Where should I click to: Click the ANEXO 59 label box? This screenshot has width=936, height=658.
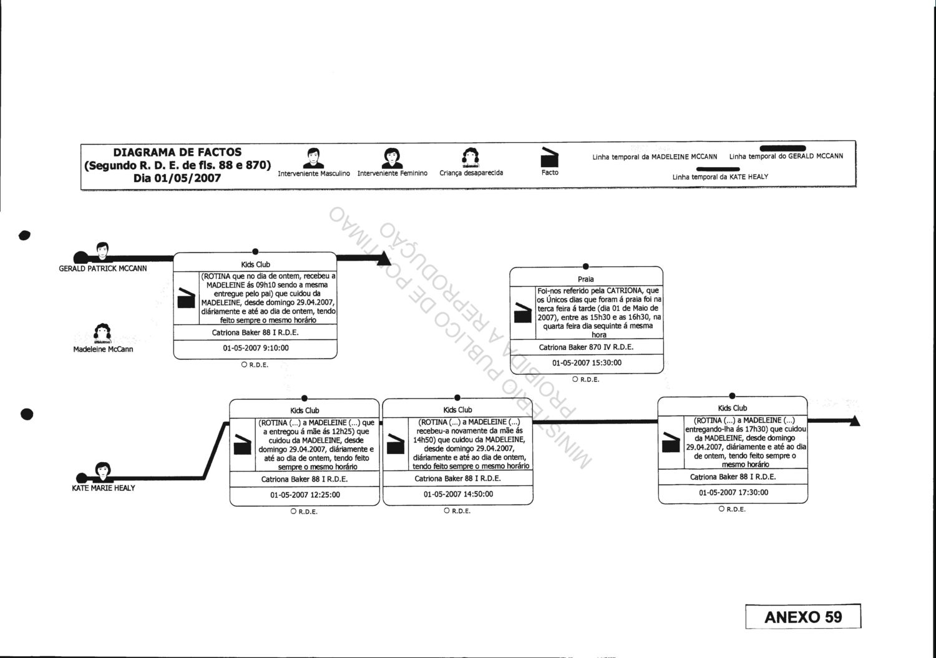point(802,617)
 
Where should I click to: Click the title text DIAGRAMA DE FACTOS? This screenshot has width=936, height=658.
point(177,152)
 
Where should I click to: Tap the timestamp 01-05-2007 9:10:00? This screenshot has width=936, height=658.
point(256,349)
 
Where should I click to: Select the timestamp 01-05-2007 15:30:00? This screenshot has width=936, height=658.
point(587,363)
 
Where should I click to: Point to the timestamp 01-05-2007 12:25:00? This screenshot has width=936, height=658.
point(305,495)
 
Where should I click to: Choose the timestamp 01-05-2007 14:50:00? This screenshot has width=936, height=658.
point(458,495)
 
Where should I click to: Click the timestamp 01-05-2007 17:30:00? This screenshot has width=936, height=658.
point(733,493)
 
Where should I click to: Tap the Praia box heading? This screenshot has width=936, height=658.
point(586,279)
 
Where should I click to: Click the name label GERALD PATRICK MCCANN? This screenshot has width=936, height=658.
point(103,269)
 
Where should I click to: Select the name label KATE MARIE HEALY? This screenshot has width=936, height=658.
point(103,488)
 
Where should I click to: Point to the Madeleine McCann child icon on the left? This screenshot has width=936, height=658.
point(102,334)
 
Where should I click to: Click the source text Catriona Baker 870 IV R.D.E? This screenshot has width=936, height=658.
point(586,347)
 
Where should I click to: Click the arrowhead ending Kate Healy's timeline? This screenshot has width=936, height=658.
point(854,421)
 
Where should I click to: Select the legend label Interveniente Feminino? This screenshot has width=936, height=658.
point(392,173)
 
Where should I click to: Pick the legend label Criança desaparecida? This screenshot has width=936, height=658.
point(471,173)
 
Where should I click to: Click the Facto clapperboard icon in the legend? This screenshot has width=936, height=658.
point(548,157)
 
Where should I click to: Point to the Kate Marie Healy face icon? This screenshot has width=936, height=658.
point(103,470)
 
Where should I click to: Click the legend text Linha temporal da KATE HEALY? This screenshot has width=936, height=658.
point(720,177)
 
